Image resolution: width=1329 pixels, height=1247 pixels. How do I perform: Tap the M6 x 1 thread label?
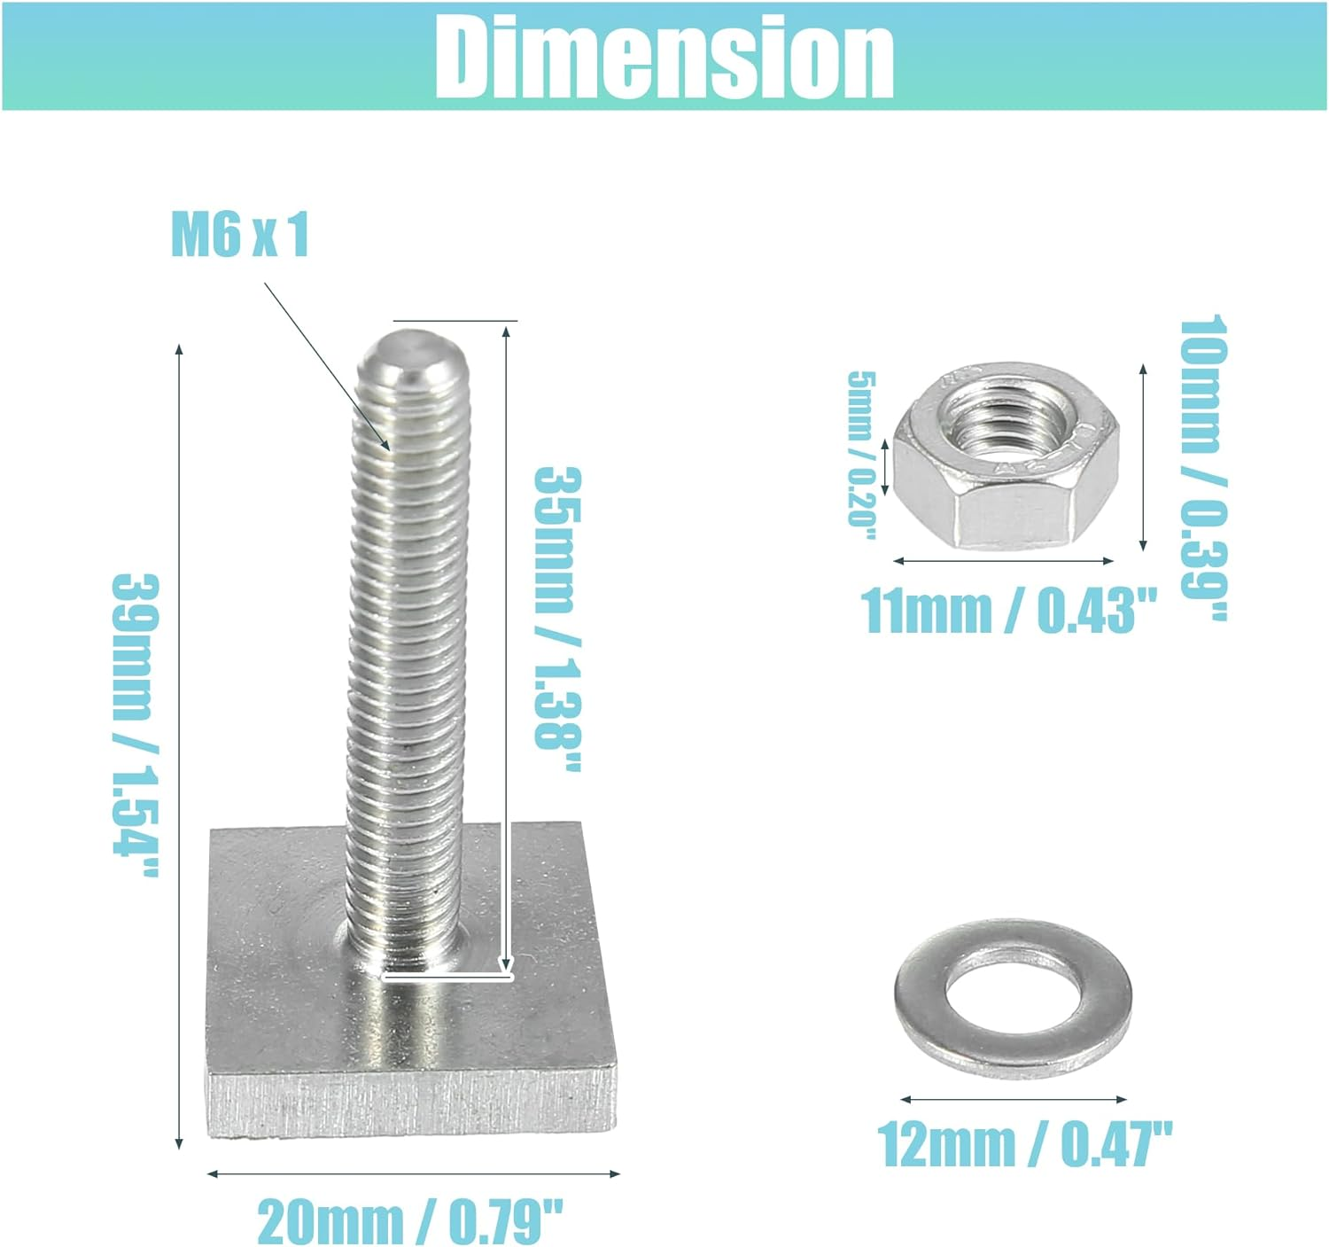point(240,235)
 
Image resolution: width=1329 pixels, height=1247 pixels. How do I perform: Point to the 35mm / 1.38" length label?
point(556,620)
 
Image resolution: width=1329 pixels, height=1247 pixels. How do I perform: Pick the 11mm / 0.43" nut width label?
point(1008,610)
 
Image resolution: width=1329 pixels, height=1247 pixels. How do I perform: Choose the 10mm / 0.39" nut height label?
point(1202,467)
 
